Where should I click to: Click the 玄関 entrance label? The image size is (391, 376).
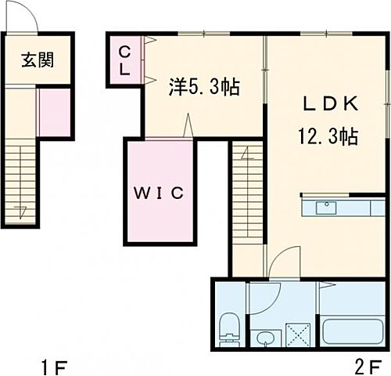tap(37, 60)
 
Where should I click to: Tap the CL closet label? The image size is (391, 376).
tap(125, 60)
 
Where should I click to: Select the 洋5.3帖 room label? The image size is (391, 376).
tap(204, 86)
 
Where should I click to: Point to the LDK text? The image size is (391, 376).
tap(328, 103)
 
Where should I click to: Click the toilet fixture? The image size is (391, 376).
tap(229, 329)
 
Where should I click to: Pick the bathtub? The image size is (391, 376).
tap(352, 330)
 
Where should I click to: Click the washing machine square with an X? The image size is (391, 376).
tap(298, 334)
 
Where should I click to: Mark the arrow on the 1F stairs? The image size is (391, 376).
tap(22, 210)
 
